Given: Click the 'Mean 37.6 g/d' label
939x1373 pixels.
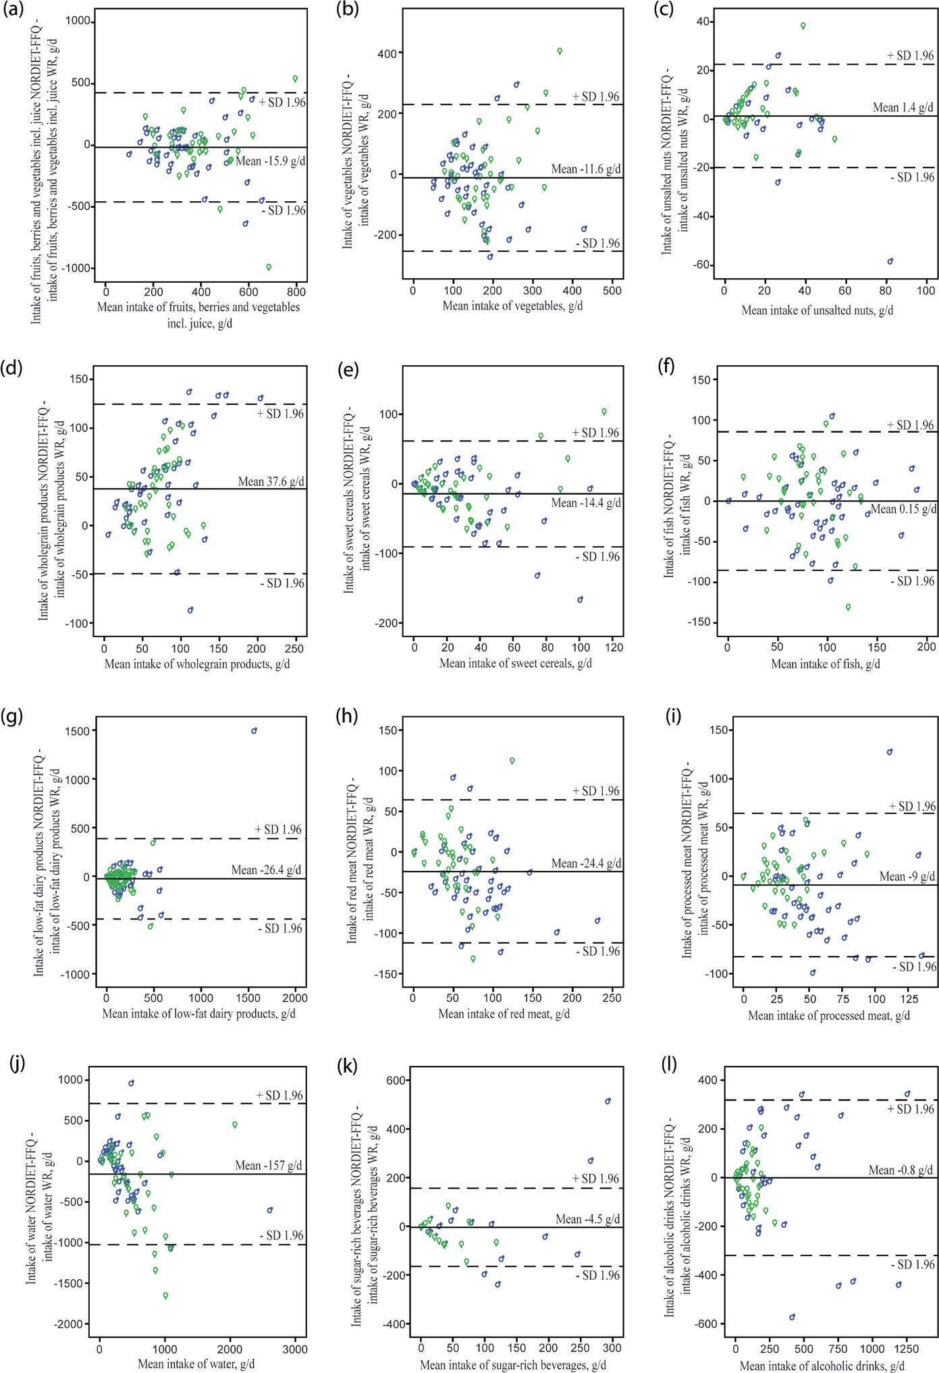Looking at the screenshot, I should click(x=271, y=481).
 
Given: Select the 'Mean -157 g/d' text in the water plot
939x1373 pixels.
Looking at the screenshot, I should click(x=268, y=1166).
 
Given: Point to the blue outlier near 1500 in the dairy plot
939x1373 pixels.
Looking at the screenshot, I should click(x=254, y=731).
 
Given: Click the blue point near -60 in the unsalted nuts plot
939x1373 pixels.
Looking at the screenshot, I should click(x=890, y=261).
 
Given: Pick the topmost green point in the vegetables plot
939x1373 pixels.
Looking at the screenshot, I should click(x=560, y=51).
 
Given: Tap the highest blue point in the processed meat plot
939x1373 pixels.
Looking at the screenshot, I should click(x=890, y=752).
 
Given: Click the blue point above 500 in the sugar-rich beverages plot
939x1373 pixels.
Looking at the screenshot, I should click(x=608, y=1102).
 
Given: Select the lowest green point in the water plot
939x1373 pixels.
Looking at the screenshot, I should click(x=165, y=1296).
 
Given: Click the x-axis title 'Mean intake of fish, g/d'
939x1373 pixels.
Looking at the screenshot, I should click(x=825, y=664).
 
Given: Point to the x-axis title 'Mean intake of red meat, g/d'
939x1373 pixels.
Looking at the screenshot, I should click(x=504, y=1014).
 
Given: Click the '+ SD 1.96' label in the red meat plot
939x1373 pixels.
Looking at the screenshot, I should click(x=595, y=790).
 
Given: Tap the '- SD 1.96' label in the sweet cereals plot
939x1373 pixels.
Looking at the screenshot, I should click(x=597, y=557).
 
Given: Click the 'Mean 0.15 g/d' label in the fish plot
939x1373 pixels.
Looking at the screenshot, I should click(x=903, y=509).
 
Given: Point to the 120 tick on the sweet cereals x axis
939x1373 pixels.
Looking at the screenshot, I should click(x=614, y=647).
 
